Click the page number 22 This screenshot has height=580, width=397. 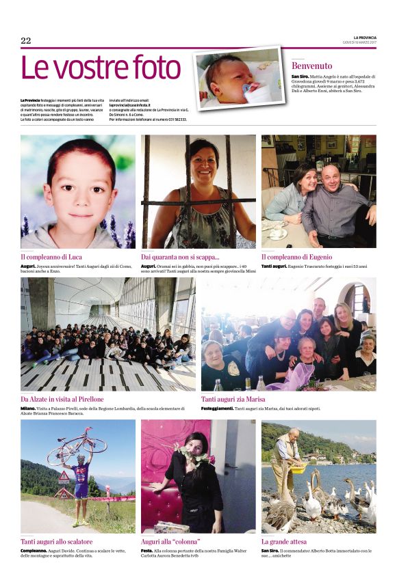[x=26, y=41]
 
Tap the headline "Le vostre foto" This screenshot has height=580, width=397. [x=101, y=68]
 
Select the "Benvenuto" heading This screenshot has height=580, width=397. [x=311, y=66]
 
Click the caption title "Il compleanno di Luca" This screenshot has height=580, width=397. [x=51, y=257]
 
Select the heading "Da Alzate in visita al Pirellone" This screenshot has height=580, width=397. [x=62, y=399]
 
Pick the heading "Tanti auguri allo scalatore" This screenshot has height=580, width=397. [x=57, y=542]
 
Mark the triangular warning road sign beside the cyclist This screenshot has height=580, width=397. [x=64, y=476]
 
